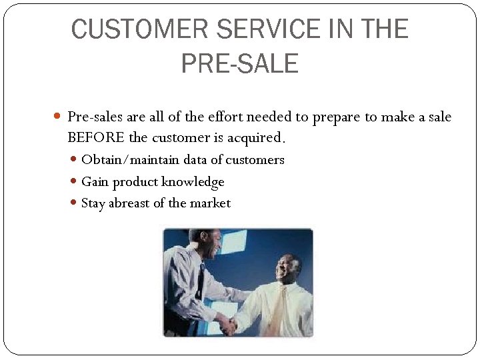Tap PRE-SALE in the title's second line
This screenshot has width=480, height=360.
click(239, 63)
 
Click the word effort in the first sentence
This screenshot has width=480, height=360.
click(225, 117)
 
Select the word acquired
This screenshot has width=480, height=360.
click(255, 138)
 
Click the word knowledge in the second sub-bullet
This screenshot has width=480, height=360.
click(193, 182)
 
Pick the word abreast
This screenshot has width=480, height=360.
click(129, 203)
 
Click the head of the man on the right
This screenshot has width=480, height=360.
click(289, 267)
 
